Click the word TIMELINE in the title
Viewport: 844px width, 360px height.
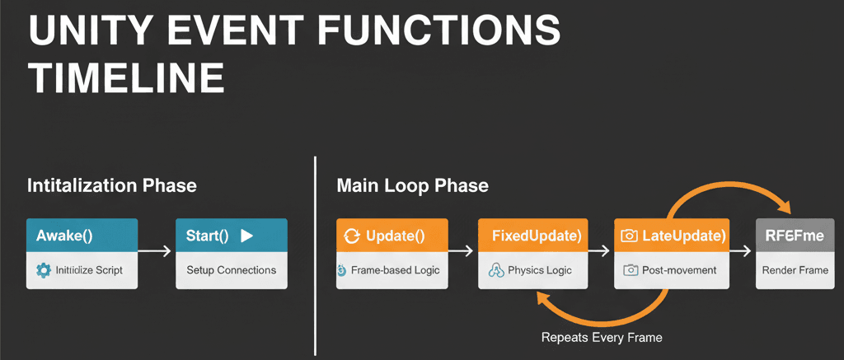pos(126,79)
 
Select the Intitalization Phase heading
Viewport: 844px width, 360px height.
pos(112,185)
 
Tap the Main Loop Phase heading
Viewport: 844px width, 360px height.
pos(412,185)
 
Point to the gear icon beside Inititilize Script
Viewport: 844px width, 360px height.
pos(44,270)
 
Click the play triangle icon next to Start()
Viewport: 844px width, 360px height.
pos(246,236)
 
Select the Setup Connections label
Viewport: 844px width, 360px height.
pos(232,270)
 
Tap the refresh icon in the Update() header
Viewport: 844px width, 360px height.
pos(352,236)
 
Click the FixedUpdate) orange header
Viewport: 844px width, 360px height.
pos(536,236)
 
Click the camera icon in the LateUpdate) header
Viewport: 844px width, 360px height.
pos(629,236)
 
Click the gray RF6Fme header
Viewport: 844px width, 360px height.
pos(795,236)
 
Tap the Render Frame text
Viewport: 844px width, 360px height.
pos(795,270)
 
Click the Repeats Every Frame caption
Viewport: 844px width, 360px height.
pos(602,337)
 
